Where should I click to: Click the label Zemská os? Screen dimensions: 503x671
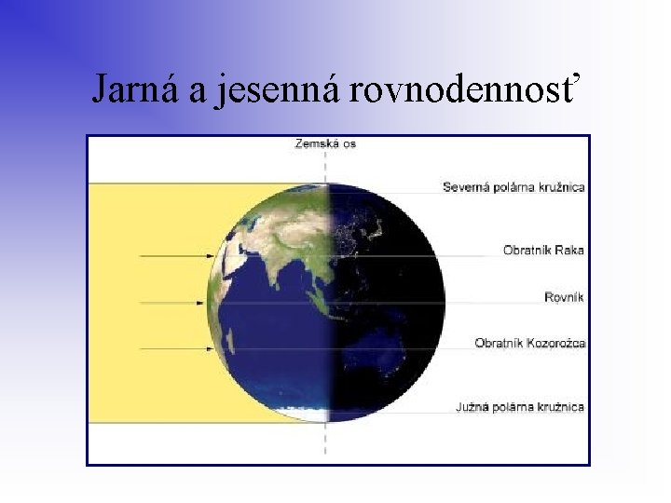click(x=325, y=143)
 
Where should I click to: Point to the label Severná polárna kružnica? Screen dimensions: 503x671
click(x=514, y=187)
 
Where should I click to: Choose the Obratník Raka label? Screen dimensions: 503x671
click(x=544, y=250)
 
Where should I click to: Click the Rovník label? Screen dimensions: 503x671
click(x=565, y=297)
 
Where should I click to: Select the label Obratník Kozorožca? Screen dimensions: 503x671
click(x=529, y=343)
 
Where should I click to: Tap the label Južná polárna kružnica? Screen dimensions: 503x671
click(x=520, y=407)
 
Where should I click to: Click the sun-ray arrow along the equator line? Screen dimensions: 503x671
click(x=172, y=302)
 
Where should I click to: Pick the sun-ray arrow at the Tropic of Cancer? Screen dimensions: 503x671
click(x=172, y=254)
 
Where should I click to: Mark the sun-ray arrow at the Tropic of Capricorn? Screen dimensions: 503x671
click(x=172, y=348)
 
